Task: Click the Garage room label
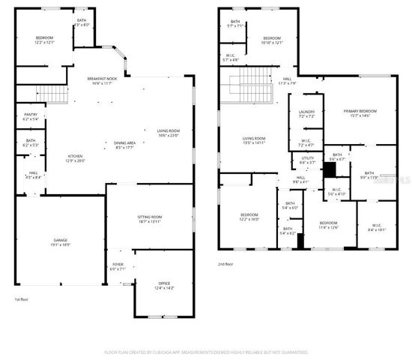60,240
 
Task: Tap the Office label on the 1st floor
163,283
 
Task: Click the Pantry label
30,114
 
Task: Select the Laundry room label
306,112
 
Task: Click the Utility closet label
308,158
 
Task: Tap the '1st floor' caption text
22,299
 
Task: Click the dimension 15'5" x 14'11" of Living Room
254,142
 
